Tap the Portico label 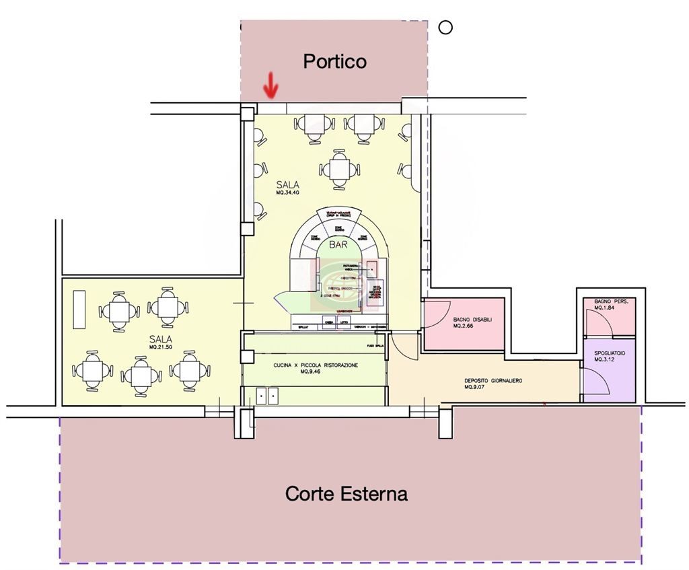pos(334,61)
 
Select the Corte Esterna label pos(346,493)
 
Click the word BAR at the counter pos(338,246)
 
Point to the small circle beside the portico pos(445,28)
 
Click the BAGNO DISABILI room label pos(472,319)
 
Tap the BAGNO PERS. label pos(611,301)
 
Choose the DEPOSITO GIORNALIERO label pos(493,380)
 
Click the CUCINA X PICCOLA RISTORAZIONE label pos(316,365)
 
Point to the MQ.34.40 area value pos(287,192)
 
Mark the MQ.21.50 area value pos(161,347)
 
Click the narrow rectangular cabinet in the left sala pos(79,310)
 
